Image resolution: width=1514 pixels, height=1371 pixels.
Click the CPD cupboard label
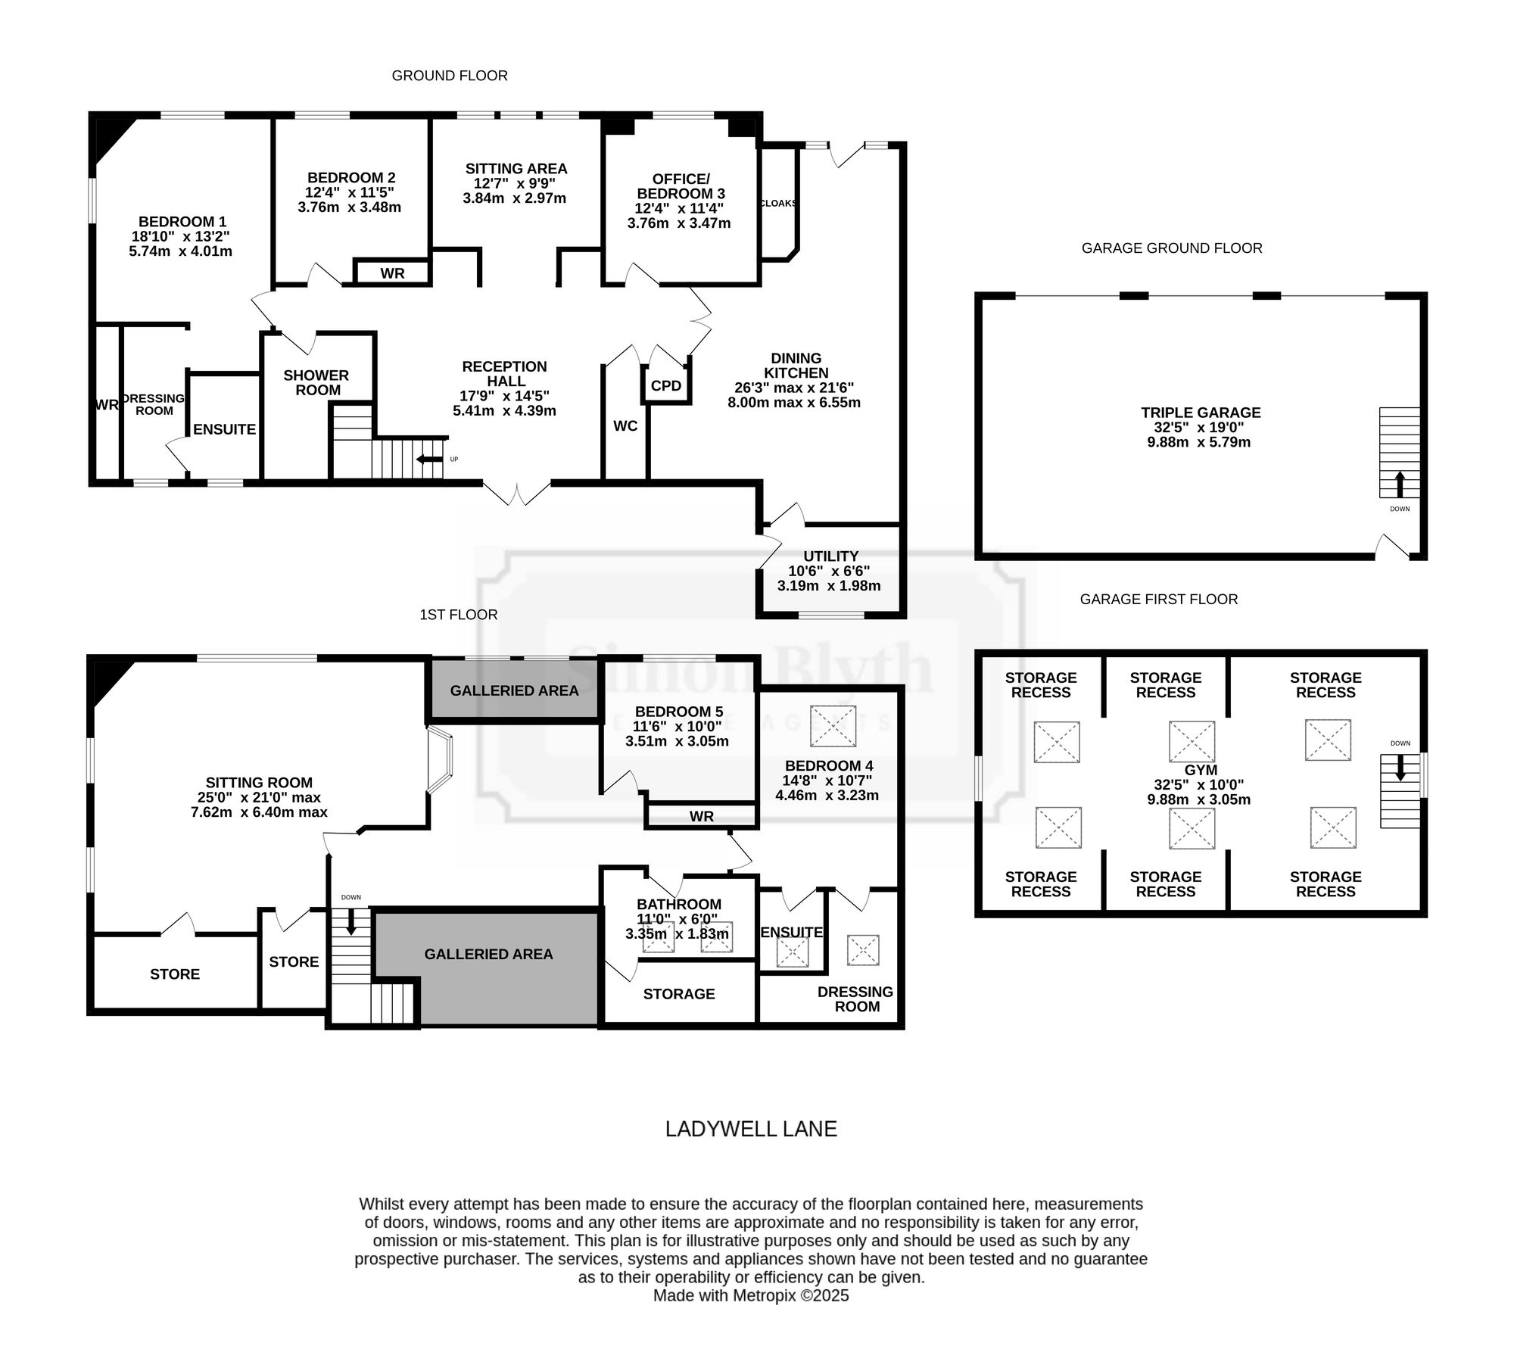coord(666,386)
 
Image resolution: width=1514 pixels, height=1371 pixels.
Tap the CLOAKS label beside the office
coord(778,203)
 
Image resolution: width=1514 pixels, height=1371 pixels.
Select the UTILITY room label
coord(831,556)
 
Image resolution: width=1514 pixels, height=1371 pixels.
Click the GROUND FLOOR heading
coord(450,76)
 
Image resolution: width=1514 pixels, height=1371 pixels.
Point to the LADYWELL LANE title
coord(751,1129)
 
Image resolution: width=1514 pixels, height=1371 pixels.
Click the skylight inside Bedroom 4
coord(833,727)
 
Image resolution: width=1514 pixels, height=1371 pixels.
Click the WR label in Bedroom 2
coord(392,273)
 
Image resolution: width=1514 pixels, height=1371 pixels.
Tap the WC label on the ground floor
coord(625,426)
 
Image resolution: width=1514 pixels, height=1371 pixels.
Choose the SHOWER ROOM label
coord(316,382)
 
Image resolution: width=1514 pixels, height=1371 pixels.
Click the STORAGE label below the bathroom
coord(679,994)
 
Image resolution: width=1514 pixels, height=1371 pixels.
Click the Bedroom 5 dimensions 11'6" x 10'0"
coord(678,726)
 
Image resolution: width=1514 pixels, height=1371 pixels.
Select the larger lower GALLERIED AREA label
coord(488,955)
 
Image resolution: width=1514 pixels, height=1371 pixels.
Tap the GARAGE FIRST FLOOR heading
coord(1159,600)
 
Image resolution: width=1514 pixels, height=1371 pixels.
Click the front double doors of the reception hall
coord(517,494)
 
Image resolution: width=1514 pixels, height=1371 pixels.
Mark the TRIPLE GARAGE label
coord(1201,413)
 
